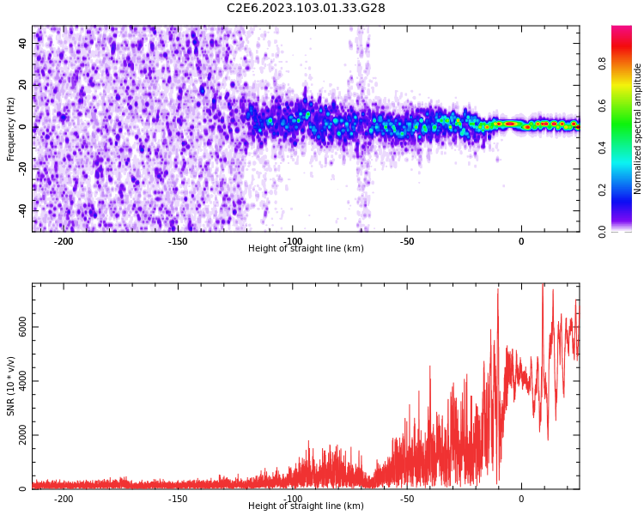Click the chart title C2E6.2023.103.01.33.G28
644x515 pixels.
tap(306, 9)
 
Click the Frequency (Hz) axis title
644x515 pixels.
tap(11, 129)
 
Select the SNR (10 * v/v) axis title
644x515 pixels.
tap(11, 386)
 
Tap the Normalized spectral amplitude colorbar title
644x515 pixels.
tap(638, 129)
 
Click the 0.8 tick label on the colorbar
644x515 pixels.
tap(603, 64)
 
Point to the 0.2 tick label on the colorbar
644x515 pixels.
tap(603, 190)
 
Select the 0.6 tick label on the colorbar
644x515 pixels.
tap(603, 106)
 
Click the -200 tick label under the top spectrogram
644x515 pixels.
tap(64, 241)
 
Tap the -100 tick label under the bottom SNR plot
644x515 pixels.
tap(292, 499)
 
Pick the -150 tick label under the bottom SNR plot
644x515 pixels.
tap(178, 499)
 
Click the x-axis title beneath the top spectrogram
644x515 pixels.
tap(306, 249)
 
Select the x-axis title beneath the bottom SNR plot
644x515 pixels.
tap(306, 506)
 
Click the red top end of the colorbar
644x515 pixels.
tap(622, 31)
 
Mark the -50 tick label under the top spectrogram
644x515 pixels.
tap(406, 241)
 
